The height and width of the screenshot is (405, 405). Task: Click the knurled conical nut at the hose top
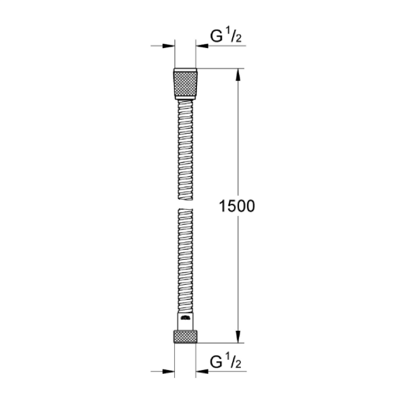[184, 84]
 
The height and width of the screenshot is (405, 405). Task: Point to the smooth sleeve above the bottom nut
[184, 321]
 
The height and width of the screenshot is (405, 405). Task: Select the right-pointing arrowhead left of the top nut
[167, 46]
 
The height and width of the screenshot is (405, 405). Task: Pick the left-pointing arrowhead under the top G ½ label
[201, 46]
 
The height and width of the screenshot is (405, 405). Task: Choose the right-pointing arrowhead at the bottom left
[167, 371]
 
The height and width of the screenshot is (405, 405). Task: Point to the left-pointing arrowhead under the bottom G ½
[201, 371]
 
